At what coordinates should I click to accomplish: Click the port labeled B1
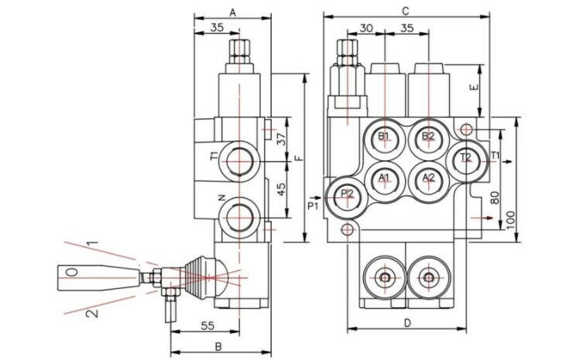(x=384, y=137)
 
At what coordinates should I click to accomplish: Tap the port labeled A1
(x=384, y=179)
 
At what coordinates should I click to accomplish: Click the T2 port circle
(x=466, y=158)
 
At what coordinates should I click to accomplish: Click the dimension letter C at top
(x=405, y=10)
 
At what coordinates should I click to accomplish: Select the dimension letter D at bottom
(x=405, y=323)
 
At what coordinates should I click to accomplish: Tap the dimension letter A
(x=233, y=11)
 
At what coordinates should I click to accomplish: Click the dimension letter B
(x=218, y=345)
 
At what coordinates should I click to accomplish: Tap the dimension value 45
(x=281, y=187)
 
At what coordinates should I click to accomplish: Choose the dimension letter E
(x=476, y=87)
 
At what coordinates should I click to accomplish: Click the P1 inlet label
(x=312, y=207)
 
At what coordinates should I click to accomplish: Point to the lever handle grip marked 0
(x=73, y=273)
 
